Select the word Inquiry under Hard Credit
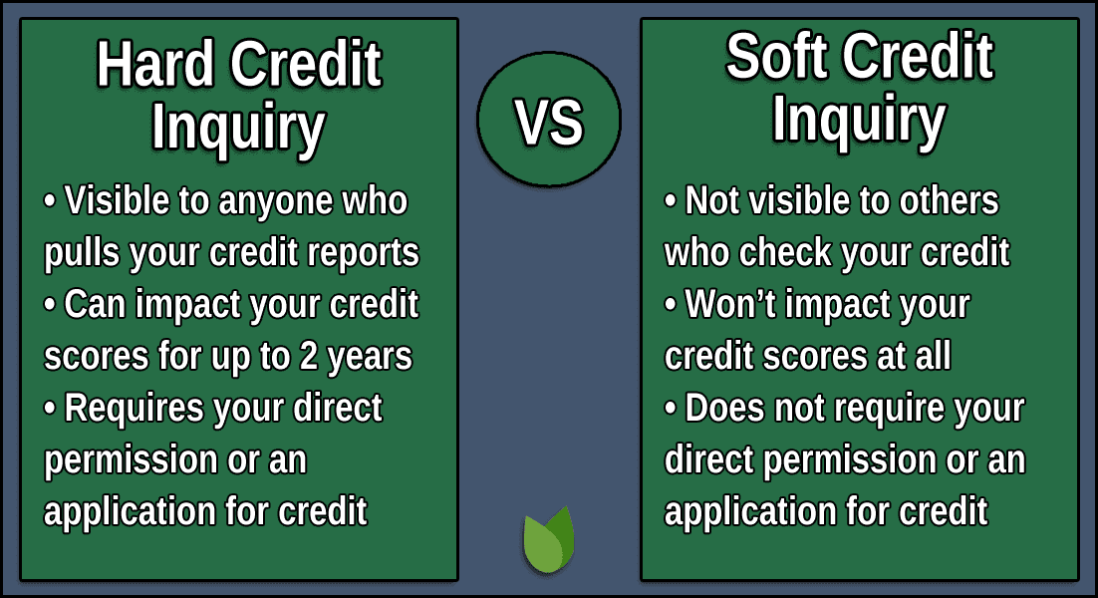(x=238, y=127)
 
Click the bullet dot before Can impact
(x=51, y=306)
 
